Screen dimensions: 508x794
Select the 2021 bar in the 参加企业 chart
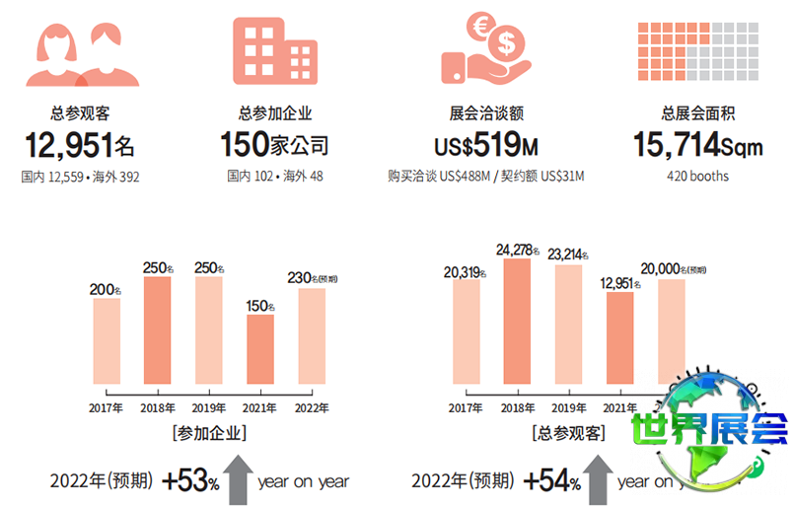pyautogui.click(x=260, y=349)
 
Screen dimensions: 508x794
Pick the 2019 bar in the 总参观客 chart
pyautogui.click(x=569, y=325)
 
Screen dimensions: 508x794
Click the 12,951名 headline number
pyautogui.click(x=79, y=147)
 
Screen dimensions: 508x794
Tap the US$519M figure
pyautogui.click(x=485, y=148)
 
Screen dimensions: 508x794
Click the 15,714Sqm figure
pyautogui.click(x=697, y=147)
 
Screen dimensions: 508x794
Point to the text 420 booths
pyautogui.click(x=697, y=177)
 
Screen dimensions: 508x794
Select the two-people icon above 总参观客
pyautogui.click(x=79, y=54)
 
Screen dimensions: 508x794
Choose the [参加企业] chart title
pyautogui.click(x=209, y=432)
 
